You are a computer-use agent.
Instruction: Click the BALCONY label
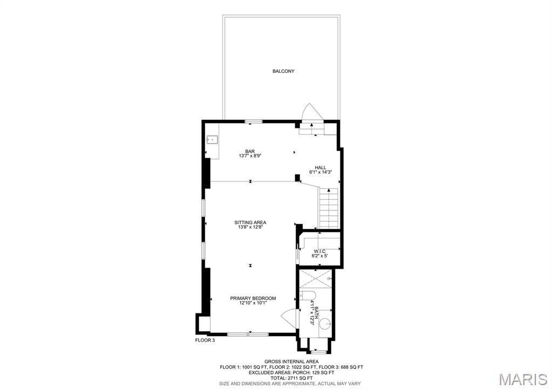[283, 71]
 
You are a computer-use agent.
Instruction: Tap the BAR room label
[250, 151]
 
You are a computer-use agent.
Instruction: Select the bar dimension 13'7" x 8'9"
[250, 156]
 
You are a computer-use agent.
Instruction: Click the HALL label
[321, 167]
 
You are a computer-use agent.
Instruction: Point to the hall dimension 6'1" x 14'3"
[321, 173]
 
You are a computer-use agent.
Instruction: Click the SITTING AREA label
[250, 222]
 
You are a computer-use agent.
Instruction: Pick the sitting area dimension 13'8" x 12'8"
[250, 227]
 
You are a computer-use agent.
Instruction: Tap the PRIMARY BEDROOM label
[253, 298]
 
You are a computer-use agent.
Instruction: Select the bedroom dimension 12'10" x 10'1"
[253, 303]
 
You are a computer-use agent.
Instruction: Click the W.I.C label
[319, 251]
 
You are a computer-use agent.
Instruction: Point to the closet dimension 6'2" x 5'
[319, 256]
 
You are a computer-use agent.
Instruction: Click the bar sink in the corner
[213, 140]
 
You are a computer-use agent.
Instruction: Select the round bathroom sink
[325, 324]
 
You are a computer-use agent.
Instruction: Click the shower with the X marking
[316, 278]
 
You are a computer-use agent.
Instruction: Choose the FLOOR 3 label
[205, 340]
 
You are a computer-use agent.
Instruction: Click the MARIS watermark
[523, 379]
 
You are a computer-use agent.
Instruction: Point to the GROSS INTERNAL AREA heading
[291, 361]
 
